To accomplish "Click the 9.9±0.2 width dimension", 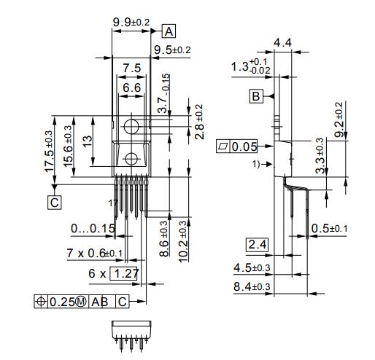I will (131, 23).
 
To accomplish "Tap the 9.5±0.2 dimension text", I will (172, 50).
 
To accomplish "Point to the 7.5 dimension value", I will (131, 68).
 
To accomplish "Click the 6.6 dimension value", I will (131, 87).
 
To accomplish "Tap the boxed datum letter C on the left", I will (55, 203).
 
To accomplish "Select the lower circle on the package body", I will (131, 160).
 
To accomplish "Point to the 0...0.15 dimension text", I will (93, 228).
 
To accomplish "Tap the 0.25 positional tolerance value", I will (69, 301).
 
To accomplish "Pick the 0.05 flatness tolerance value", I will (244, 147).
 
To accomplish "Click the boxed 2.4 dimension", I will (256, 243).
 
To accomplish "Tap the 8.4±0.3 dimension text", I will (252, 286).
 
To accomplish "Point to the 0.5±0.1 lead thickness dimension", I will (330, 229).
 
